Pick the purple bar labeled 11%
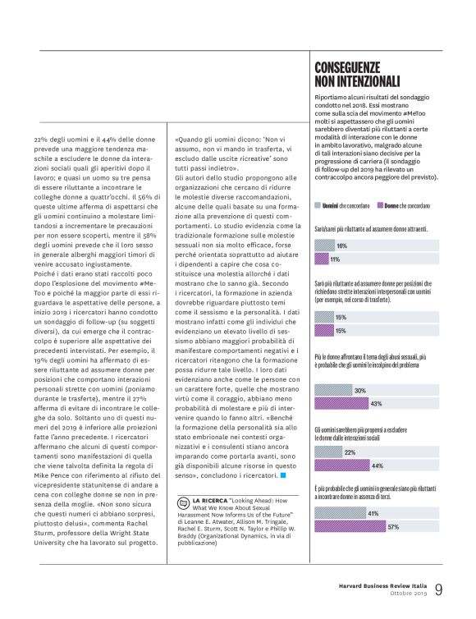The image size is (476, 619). click(327, 259)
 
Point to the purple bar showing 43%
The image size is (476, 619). click(352, 404)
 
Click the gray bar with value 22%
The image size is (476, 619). click(335, 452)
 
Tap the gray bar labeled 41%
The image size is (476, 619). click(350, 513)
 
